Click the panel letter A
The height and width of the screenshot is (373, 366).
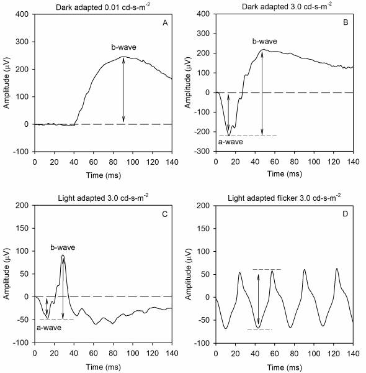(165, 23)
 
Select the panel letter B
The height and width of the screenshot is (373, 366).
(346, 22)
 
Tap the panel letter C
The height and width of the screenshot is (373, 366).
(165, 214)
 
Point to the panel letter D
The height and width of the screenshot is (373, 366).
(345, 214)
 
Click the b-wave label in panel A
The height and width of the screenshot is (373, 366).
(124, 47)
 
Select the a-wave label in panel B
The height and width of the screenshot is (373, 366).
(231, 142)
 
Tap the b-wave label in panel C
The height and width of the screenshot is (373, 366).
(63, 247)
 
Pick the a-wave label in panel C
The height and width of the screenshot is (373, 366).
(49, 328)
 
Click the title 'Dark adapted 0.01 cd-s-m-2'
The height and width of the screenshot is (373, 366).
(103, 7)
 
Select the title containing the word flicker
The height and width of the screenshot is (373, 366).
(284, 198)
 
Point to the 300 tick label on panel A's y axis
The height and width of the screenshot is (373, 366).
(22, 42)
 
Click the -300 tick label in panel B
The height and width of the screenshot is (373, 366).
(202, 151)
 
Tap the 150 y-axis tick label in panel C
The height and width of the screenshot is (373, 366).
(22, 228)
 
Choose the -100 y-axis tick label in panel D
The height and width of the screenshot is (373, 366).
(202, 343)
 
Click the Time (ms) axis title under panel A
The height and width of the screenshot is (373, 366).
(104, 175)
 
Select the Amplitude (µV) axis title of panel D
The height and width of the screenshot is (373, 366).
(188, 274)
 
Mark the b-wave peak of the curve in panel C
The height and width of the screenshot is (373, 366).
(63, 255)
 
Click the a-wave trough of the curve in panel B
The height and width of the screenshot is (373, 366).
(229, 136)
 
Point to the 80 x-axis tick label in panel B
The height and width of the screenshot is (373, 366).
(294, 162)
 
